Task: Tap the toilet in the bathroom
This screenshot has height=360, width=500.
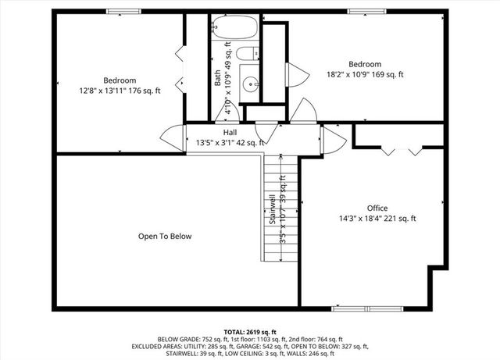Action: click(248, 55)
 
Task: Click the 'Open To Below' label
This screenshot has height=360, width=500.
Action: click(165, 236)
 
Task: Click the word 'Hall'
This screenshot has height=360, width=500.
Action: click(230, 133)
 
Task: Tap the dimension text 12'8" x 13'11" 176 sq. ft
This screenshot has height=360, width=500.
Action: click(120, 91)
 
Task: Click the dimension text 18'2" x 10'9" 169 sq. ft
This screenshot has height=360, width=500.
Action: click(365, 75)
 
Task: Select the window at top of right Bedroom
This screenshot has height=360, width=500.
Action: click(361, 11)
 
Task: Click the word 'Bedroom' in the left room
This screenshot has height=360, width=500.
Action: click(120, 80)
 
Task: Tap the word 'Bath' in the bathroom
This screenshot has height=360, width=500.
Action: click(218, 78)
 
